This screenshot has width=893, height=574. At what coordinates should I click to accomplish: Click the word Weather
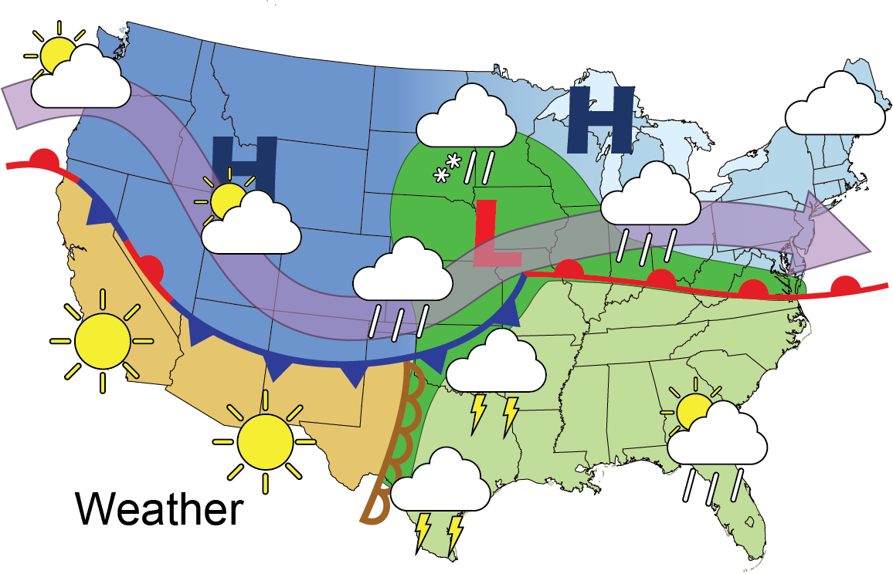[x=159, y=510]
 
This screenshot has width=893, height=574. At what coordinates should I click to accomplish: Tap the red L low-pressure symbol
[x=494, y=231]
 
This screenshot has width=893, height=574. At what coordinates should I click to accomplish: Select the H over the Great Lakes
[x=600, y=119]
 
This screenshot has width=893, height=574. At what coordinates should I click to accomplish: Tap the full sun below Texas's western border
[x=265, y=442]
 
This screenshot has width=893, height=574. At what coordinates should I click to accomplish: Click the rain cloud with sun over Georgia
[x=717, y=436]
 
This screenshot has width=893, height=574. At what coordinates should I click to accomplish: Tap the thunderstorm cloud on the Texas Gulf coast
[x=440, y=482]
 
